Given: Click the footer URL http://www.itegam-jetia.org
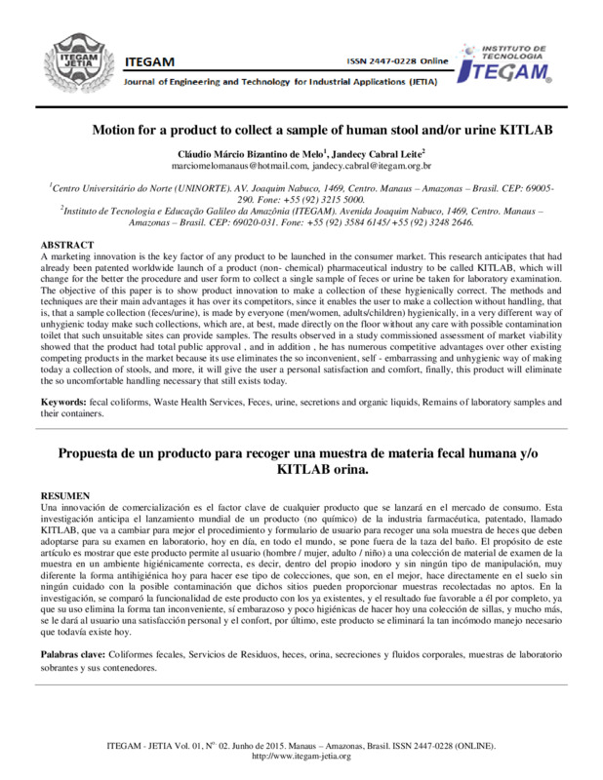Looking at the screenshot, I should point(301,757).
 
